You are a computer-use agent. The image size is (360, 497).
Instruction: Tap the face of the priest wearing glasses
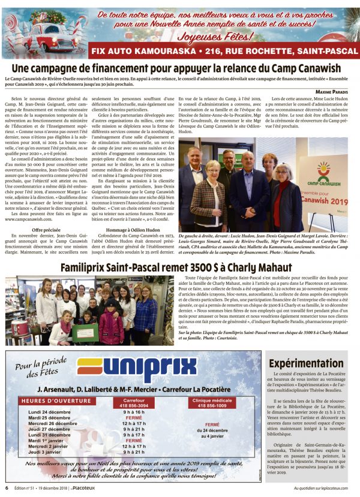[x=226, y=158]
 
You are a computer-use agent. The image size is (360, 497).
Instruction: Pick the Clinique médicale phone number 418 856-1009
[x=212, y=405]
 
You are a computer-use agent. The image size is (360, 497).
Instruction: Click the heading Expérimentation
[x=306, y=363]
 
